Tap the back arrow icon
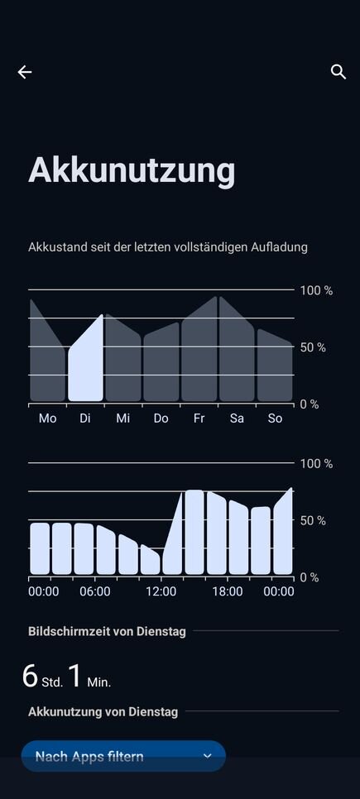coord(25,72)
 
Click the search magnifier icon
coord(338,72)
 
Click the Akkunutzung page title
coord(132,170)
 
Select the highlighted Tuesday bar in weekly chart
coord(86,357)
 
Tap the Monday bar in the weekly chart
coord(47,352)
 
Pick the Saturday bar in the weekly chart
coord(237,350)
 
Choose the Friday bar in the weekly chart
coord(199,350)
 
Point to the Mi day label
coord(122,419)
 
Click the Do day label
coord(161,419)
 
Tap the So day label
coord(275,419)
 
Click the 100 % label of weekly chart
coord(316,290)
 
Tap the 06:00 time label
coord(95,591)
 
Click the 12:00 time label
coord(161,591)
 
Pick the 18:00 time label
coord(228,591)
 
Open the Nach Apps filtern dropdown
coord(123,756)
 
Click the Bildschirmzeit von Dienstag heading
coord(107,631)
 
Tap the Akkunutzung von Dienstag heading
coord(103,711)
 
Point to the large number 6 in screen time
coord(30,677)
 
